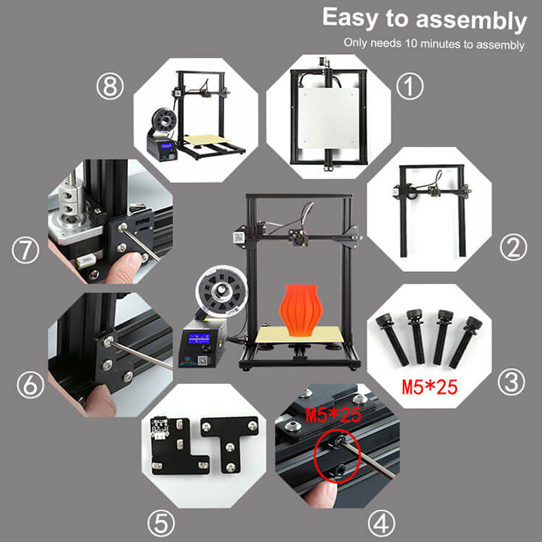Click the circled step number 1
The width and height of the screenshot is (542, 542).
[410, 86]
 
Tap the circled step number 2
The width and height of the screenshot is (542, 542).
[513, 248]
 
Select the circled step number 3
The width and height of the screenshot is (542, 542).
[511, 382]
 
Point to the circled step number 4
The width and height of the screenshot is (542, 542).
[381, 524]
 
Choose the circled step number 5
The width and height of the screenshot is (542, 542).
[161, 524]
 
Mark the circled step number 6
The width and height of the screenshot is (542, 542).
[30, 385]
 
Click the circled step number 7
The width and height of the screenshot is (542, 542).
[26, 250]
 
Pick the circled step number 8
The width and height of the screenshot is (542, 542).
[110, 86]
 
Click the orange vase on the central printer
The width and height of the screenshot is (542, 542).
[299, 309]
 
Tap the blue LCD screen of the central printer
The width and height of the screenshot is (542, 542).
[199, 339]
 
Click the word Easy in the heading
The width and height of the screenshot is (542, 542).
[350, 17]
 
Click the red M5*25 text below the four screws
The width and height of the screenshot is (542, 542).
[430, 387]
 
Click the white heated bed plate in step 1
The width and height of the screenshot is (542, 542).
[328, 117]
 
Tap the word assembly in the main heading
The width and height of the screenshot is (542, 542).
[471, 21]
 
